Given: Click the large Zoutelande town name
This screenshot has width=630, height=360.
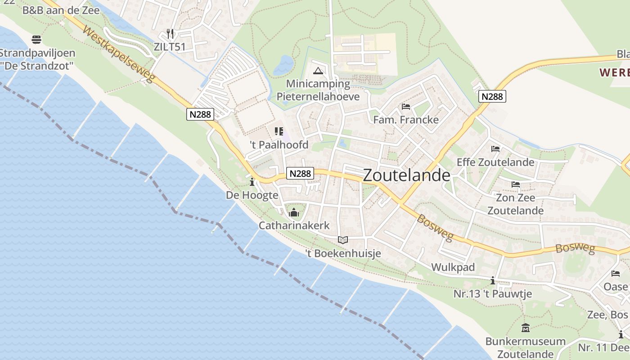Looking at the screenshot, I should [x=406, y=175].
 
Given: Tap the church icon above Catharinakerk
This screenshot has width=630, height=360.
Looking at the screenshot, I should [x=294, y=212].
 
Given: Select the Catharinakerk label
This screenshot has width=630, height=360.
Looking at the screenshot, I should [x=294, y=225].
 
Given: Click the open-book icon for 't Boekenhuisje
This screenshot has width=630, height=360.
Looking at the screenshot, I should [x=343, y=240].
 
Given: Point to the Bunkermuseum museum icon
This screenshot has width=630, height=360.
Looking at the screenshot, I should [x=525, y=328].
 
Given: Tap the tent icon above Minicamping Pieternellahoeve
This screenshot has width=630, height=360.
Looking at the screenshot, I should [x=318, y=71].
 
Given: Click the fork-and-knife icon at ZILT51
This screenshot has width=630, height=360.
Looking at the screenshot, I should [x=170, y=34].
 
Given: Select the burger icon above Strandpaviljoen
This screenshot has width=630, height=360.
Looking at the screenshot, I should [x=36, y=40].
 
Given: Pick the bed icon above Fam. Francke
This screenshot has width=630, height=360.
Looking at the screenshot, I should [x=405, y=107].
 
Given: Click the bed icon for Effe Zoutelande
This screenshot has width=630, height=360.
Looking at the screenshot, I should [x=495, y=149].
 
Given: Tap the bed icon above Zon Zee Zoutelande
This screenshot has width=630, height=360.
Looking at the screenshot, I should [x=515, y=184].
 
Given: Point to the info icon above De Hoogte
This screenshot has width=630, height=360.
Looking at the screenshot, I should [x=252, y=182].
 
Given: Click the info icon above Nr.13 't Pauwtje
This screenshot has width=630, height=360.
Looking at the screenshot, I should [x=493, y=281].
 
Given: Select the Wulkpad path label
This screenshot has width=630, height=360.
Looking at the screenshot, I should [x=453, y=267].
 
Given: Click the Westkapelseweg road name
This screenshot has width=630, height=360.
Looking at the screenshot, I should [x=119, y=56].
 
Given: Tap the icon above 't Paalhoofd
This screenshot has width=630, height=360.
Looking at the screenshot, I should [x=279, y=131].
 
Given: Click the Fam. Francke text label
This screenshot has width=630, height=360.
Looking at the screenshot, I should [x=406, y=120].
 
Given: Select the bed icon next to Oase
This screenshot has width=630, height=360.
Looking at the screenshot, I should [x=616, y=274].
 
